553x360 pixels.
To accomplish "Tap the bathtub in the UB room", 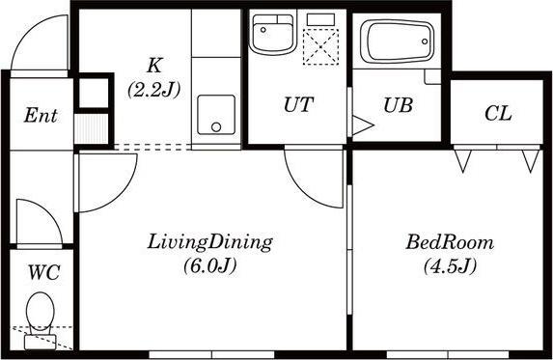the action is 398,42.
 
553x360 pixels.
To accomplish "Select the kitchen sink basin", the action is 216,115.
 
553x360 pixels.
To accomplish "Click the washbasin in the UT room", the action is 271,34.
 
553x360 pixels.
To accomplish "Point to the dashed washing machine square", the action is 320,47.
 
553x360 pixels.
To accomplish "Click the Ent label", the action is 41,115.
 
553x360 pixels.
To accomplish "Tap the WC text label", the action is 43,272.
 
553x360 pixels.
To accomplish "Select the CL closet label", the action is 498,114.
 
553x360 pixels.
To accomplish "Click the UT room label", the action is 298,104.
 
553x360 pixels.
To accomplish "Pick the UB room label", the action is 398,105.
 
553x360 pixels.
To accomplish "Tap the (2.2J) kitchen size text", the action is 154,90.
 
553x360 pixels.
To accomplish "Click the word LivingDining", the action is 209,242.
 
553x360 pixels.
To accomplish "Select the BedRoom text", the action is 450,242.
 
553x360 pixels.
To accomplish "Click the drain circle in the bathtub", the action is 425,42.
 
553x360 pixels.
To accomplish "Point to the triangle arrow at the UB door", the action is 363,125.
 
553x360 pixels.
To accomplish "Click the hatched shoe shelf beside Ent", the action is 91,128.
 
